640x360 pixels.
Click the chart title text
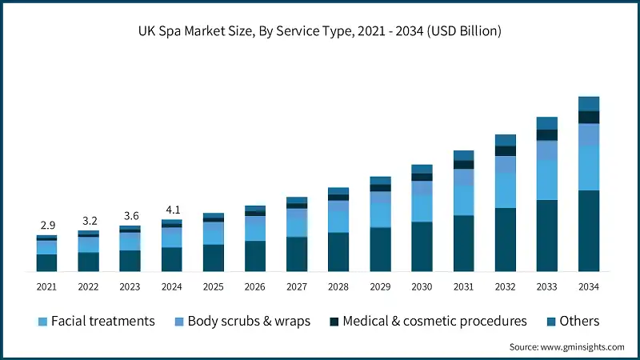320,32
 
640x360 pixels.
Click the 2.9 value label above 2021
46,226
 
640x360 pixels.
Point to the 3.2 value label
88,220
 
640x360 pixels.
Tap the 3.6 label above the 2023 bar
130,215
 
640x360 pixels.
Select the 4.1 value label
171,210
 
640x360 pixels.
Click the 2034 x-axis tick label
589,286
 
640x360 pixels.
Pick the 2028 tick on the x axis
338,286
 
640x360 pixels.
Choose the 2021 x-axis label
46,286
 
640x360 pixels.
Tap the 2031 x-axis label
464,286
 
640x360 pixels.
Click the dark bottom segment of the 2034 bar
589,231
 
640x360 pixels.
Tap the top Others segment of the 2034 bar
589,103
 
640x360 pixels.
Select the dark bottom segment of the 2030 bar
422,247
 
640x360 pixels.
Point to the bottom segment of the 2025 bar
214,258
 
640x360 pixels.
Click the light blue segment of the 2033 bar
547,179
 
